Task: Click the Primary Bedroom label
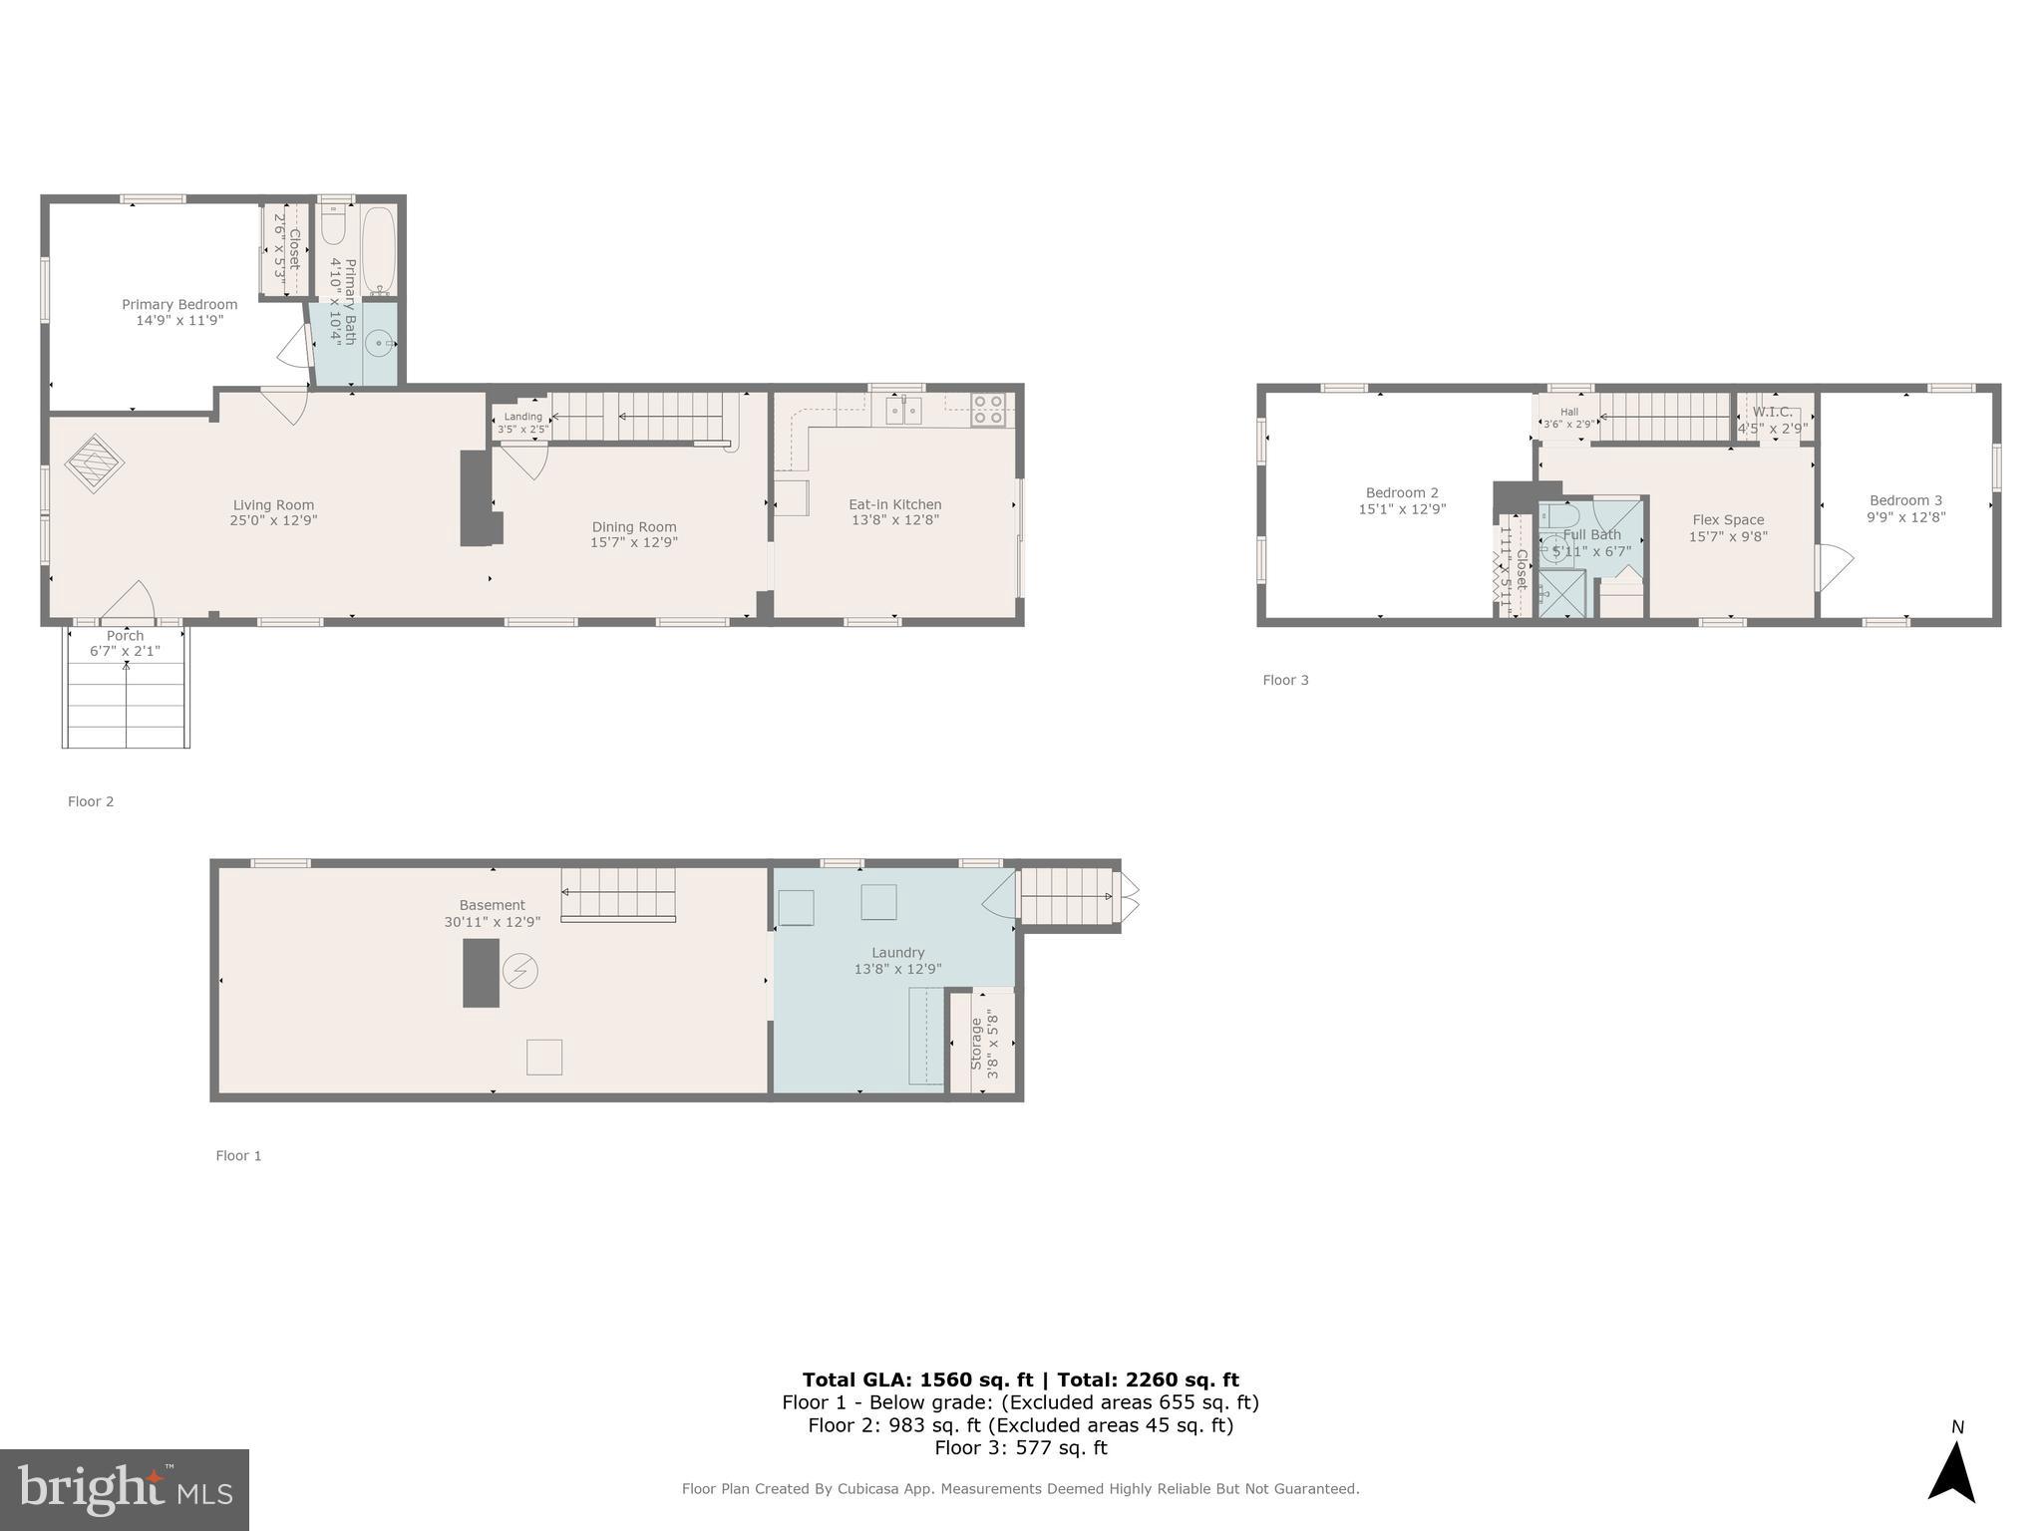[x=179, y=305]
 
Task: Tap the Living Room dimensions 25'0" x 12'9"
[x=274, y=520]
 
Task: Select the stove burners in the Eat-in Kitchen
[x=988, y=410]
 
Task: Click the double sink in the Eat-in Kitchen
[x=904, y=410]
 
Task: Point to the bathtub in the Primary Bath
[x=379, y=249]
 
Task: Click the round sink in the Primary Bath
[x=378, y=344]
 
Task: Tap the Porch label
[x=125, y=636]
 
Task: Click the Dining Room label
[x=634, y=527]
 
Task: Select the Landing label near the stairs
[x=522, y=417]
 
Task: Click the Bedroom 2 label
[x=1402, y=492]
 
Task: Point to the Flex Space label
[x=1728, y=520]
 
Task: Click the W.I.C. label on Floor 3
[x=1772, y=412]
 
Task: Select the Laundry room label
[x=897, y=953]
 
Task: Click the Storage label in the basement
[x=976, y=1043]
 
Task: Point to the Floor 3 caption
[x=1285, y=680]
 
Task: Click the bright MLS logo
[x=125, y=1489]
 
